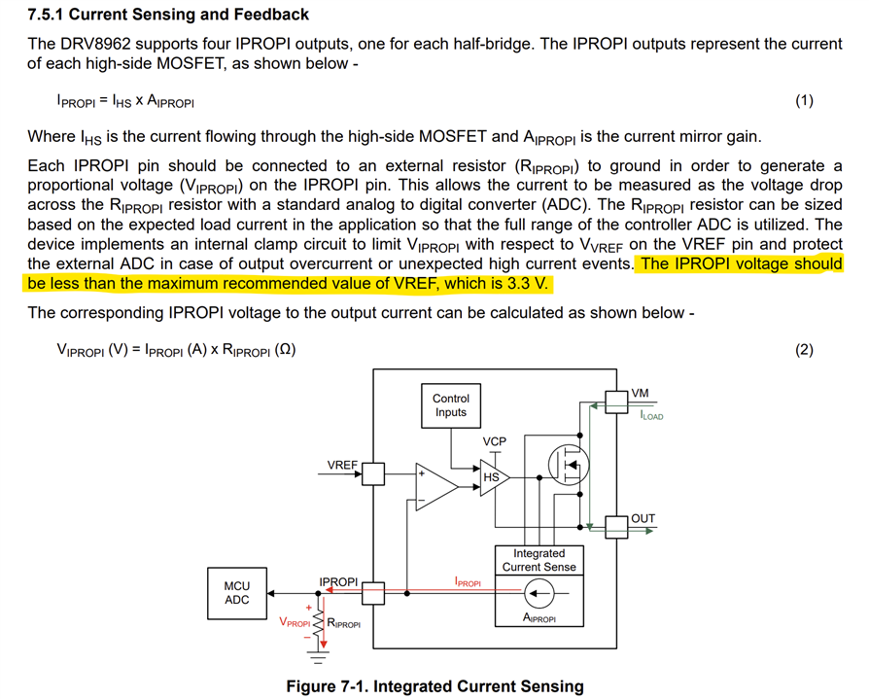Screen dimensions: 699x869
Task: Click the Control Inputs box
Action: (451, 405)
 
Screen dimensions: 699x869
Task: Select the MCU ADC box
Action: (237, 592)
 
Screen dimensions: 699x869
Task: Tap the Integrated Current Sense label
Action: (539, 559)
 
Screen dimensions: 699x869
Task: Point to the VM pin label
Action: (641, 394)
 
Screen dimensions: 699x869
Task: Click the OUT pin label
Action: (643, 518)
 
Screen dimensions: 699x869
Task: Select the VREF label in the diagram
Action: (342, 465)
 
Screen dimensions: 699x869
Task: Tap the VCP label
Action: (495, 441)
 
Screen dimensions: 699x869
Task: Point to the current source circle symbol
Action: (539, 591)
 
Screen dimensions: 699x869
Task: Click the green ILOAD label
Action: (651, 416)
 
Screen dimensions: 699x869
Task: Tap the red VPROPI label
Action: (295, 623)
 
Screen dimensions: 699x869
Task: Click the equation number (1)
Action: (804, 101)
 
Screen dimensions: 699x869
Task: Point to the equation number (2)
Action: (804, 350)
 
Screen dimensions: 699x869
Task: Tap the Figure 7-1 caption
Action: (434, 686)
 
